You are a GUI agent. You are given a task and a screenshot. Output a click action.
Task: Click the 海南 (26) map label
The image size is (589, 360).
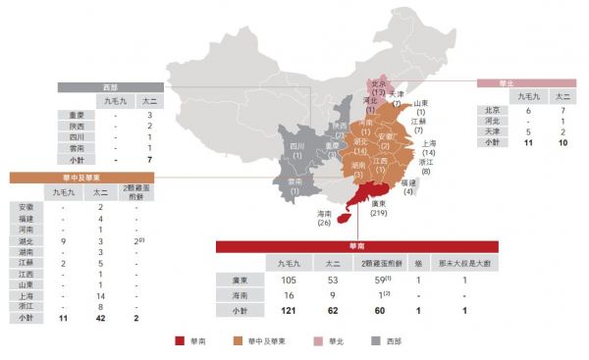tap(324, 218)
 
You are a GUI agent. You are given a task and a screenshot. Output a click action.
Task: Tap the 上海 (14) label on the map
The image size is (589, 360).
tap(428, 149)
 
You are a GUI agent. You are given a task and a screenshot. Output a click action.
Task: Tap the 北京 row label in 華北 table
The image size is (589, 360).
tap(493, 111)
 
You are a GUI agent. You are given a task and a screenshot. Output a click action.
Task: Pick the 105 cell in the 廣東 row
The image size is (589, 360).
tap(288, 280)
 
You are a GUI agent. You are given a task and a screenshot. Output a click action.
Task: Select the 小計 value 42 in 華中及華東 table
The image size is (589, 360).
tap(100, 319)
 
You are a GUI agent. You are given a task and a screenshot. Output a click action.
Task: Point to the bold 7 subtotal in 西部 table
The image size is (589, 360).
tap(148, 157)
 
